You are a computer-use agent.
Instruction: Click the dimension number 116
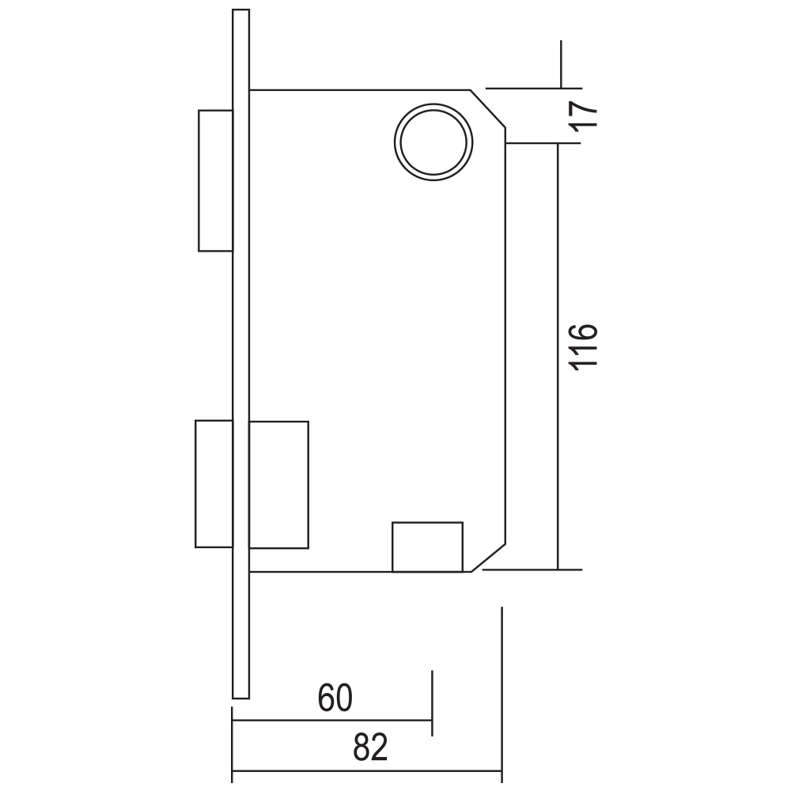[585, 346]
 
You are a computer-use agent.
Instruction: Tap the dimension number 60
[335, 698]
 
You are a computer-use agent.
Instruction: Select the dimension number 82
[370, 747]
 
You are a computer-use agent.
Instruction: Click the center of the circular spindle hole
[433, 142]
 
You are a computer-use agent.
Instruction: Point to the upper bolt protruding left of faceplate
[215, 180]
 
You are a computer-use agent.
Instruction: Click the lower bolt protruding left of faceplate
[214, 484]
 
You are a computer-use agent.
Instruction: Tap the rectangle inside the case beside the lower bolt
[279, 485]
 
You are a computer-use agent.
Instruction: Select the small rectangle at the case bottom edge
[427, 547]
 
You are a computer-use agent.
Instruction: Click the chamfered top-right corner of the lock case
[488, 108]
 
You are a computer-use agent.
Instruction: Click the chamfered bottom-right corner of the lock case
[488, 558]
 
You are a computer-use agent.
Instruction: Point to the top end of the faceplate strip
[240, 9]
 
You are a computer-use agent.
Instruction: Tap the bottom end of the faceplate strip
[240, 698]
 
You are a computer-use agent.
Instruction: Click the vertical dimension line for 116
[558, 357]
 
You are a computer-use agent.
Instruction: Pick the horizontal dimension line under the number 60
[331, 720]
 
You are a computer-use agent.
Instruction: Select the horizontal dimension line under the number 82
[367, 771]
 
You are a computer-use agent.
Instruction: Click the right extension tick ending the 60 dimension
[432, 703]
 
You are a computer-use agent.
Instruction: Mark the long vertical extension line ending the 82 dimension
[502, 695]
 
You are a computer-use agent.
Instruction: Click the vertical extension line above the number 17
[561, 64]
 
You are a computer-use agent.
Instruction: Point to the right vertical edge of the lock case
[505, 336]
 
